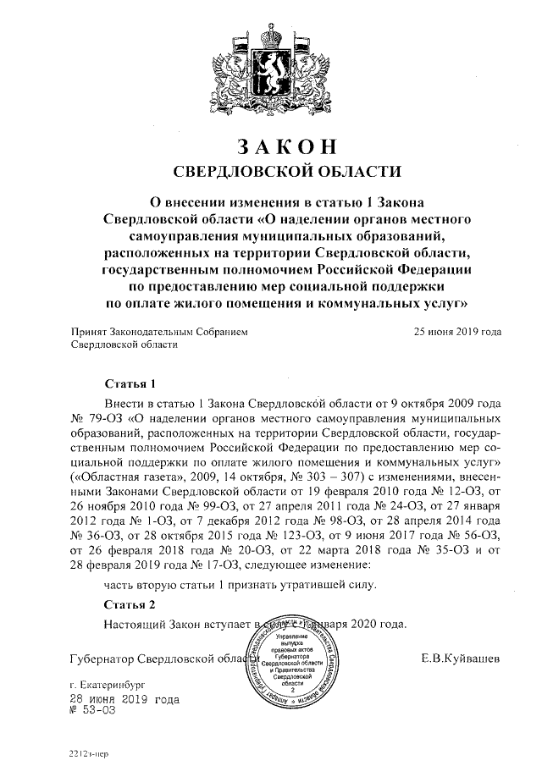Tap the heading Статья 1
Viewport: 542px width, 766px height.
pyautogui.click(x=130, y=383)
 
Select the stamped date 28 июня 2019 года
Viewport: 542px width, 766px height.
pyautogui.click(x=124, y=700)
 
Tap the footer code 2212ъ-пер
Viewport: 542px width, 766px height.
pyautogui.click(x=88, y=752)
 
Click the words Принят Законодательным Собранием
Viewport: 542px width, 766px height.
pyautogui.click(x=158, y=332)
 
